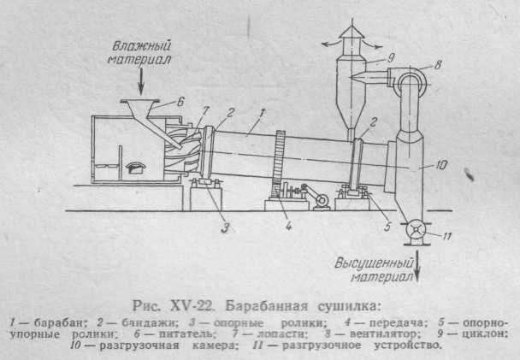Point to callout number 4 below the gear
point(289,227)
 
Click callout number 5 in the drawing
point(387,227)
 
